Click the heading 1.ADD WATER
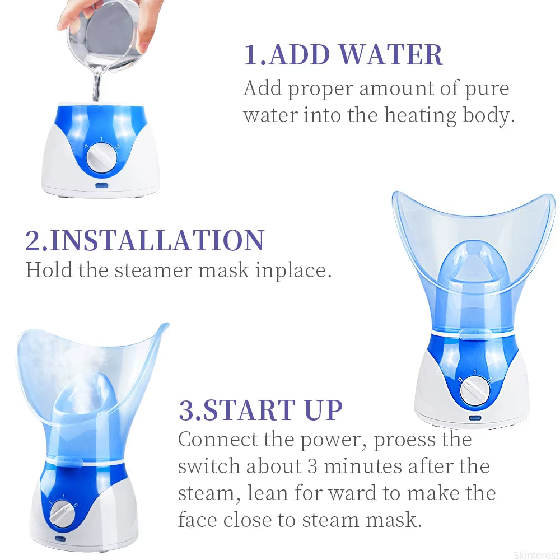[x=343, y=54]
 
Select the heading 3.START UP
[x=260, y=410]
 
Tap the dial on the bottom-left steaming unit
[x=63, y=512]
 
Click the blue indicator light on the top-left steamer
[x=101, y=185]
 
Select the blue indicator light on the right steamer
[x=475, y=417]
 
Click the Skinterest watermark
[x=535, y=555]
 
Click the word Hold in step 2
[x=49, y=270]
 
